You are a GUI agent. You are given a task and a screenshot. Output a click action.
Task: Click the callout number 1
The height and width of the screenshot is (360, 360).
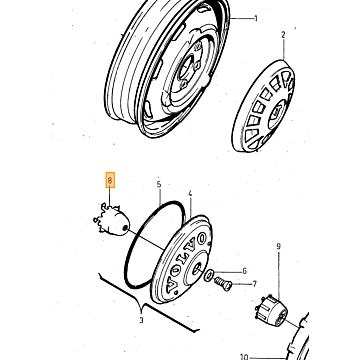coord(256,18)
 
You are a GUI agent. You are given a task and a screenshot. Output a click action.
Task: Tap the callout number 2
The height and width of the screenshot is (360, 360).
coord(283,35)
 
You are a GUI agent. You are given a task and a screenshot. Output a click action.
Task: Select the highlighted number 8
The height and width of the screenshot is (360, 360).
coord(110,180)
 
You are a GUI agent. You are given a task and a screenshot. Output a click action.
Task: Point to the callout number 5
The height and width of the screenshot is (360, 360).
coord(159,184)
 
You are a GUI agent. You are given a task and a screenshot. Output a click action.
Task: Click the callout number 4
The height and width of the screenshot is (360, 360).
coord(190,194)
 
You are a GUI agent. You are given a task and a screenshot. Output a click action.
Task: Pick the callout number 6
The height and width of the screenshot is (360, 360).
coord(244,271)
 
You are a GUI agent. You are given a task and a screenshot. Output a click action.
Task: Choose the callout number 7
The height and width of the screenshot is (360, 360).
coord(255,284)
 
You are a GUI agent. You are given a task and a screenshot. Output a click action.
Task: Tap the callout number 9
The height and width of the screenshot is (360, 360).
coord(279,247)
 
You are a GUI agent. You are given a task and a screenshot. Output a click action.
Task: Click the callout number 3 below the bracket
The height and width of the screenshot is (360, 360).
coord(141,320)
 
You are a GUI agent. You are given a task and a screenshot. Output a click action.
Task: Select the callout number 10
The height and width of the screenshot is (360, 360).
coord(244,357)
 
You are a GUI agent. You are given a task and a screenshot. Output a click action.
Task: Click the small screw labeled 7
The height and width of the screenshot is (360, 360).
coord(223,284)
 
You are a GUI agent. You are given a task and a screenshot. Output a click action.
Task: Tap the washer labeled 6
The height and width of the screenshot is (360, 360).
coord(210,275)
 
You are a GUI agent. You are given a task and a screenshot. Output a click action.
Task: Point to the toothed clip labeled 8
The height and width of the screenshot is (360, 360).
coord(111,220)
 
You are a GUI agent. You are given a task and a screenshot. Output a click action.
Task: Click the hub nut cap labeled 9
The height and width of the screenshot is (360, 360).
coord(270,308)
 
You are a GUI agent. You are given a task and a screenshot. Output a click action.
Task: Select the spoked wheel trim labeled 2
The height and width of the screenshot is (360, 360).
coord(263,106)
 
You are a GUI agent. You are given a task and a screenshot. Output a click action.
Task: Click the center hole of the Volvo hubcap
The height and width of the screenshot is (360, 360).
coord(197,267)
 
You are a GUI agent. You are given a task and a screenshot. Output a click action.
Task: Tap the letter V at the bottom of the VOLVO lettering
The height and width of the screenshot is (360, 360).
coord(172,285)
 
